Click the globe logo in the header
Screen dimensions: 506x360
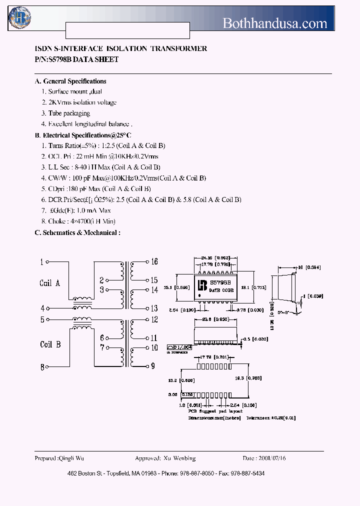(19, 18)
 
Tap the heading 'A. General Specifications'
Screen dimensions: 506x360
(70, 81)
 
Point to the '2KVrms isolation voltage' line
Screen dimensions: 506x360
(82, 102)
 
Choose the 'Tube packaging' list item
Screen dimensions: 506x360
(69, 113)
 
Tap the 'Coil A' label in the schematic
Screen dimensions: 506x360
(49, 283)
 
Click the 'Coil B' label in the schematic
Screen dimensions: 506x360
(50, 344)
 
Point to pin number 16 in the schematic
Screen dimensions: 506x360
(154, 261)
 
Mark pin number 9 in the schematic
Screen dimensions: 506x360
(152, 366)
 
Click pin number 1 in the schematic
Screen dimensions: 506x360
(42, 261)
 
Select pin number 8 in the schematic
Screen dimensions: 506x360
(42, 367)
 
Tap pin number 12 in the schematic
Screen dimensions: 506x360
(154, 319)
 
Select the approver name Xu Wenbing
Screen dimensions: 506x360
(179, 458)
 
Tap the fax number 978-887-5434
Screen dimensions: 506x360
(249, 473)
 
